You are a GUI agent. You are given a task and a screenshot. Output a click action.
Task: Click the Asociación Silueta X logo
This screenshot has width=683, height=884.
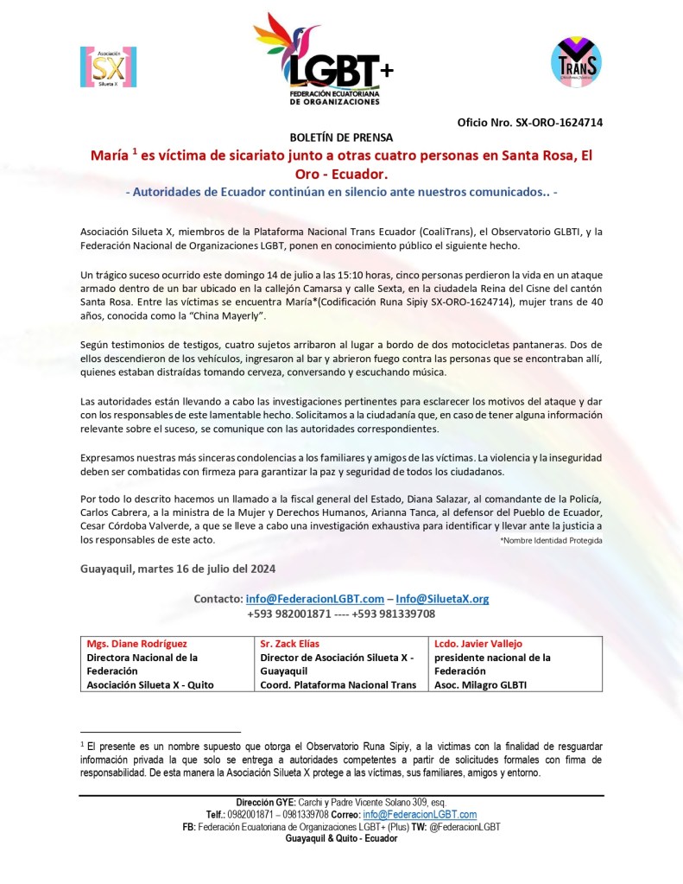point(108,67)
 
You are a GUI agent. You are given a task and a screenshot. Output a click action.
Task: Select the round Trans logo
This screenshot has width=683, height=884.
point(575,61)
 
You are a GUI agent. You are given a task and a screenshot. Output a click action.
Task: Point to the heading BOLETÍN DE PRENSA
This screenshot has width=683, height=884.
point(341,137)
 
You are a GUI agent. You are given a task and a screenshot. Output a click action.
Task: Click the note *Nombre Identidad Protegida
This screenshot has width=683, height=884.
point(551,540)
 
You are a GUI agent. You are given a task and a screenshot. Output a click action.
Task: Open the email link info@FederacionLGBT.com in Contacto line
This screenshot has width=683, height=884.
point(314,599)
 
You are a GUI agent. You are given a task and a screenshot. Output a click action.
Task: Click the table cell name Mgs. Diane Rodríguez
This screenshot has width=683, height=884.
point(136,644)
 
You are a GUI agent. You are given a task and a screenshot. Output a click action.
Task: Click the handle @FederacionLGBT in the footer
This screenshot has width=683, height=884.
point(461,827)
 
